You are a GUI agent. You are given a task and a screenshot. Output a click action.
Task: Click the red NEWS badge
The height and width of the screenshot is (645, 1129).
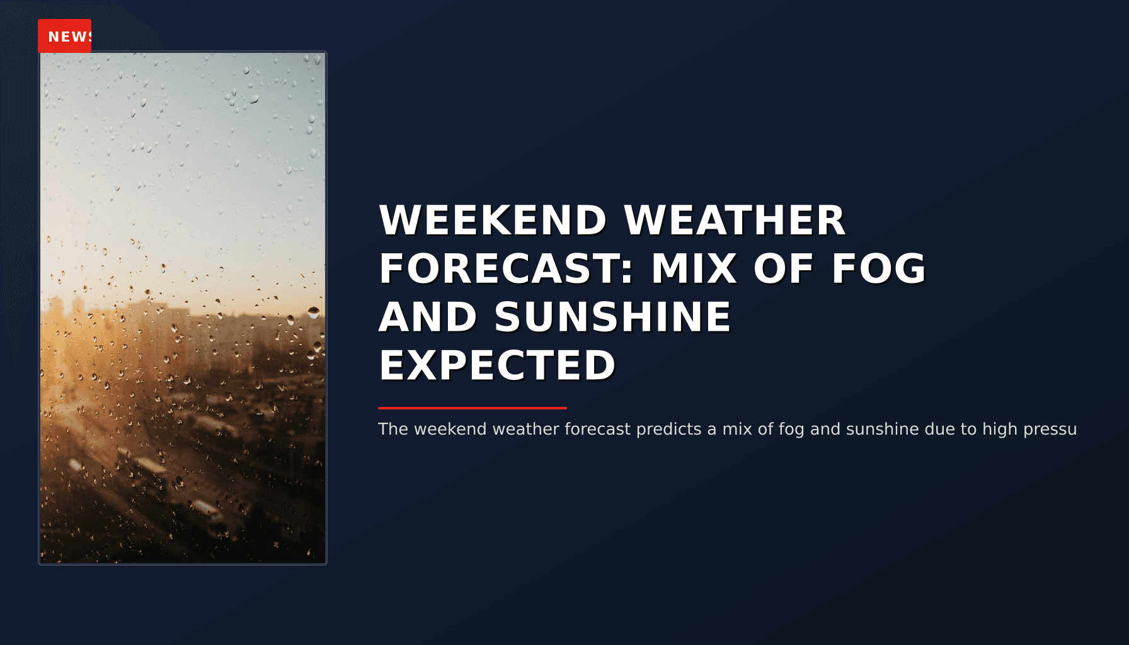coord(64,36)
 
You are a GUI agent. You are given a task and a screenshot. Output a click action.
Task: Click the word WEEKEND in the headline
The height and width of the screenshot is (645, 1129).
coord(492,220)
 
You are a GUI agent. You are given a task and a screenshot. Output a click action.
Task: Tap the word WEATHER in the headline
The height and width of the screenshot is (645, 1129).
coord(734,220)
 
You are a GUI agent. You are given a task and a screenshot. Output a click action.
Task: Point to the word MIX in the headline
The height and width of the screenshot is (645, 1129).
coord(694,269)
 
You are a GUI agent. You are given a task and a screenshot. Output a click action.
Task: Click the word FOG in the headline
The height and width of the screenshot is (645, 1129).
coord(878,269)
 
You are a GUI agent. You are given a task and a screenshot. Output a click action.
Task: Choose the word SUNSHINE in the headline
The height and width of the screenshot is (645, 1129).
coord(612,317)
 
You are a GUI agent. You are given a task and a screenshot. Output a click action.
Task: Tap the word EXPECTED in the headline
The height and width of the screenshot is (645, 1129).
coord(497,365)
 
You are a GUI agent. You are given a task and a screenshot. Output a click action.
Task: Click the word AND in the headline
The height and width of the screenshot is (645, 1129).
coord(427,317)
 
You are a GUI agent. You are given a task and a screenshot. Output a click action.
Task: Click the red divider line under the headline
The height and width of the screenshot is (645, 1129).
coord(473,408)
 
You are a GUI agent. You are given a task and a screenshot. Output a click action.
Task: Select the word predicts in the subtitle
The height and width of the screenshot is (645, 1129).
coord(669,430)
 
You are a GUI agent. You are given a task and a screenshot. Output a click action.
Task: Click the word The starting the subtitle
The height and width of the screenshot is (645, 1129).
coord(393,430)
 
